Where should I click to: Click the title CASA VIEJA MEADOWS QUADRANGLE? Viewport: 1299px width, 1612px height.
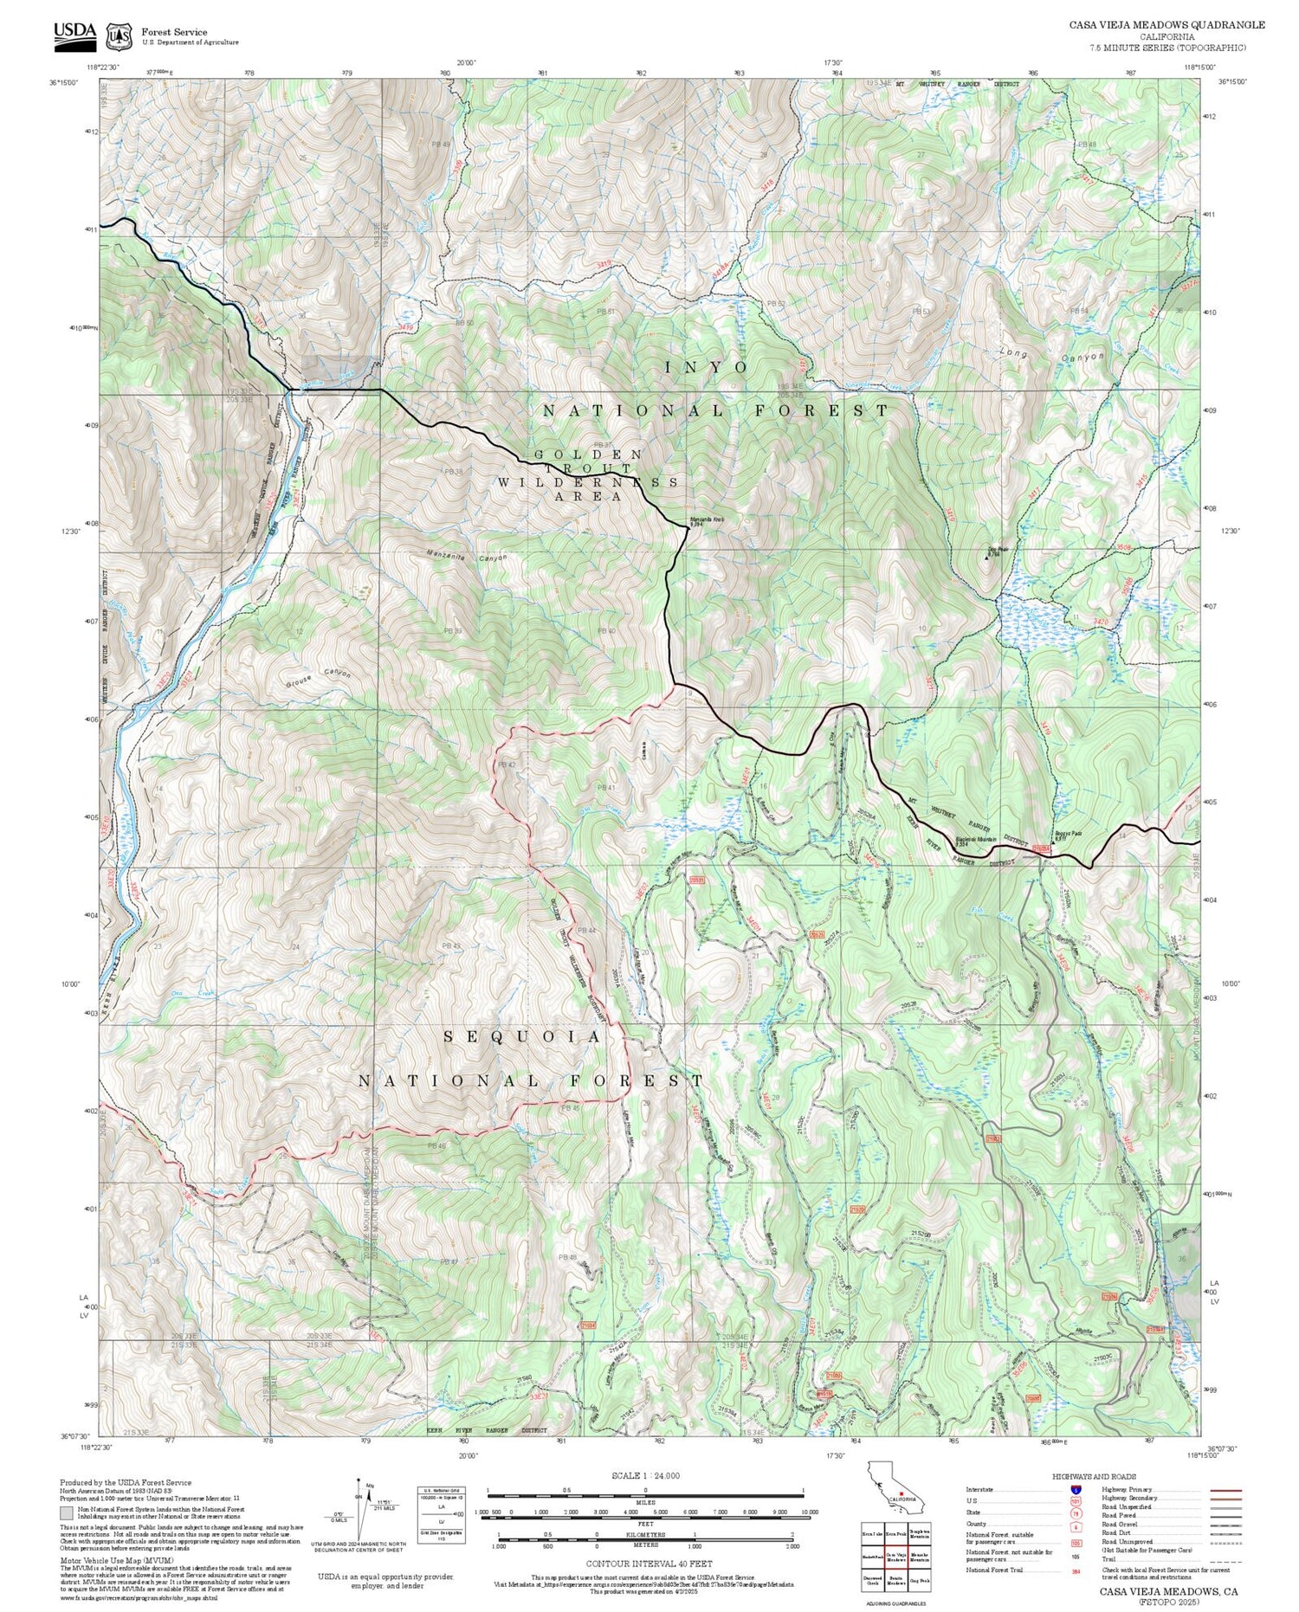1166,25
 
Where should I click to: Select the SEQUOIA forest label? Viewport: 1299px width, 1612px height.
522,1037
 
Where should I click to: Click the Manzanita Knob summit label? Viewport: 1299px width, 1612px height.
706,522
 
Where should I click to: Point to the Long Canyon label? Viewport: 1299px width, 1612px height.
1050,355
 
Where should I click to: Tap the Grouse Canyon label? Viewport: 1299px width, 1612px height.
318,676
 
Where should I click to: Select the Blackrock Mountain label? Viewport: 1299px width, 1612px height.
975,839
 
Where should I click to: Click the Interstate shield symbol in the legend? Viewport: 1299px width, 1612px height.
1076,1489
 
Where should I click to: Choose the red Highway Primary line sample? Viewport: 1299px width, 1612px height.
1223,1491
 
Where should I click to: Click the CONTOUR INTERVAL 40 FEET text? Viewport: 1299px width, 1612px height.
649,1564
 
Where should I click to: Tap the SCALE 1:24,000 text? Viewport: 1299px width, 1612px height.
645,1475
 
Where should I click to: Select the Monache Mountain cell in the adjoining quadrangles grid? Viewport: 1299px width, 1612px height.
920,1556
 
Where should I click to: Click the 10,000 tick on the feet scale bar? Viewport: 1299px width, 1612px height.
810,1512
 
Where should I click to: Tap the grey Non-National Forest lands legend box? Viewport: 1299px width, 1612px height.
66,1513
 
